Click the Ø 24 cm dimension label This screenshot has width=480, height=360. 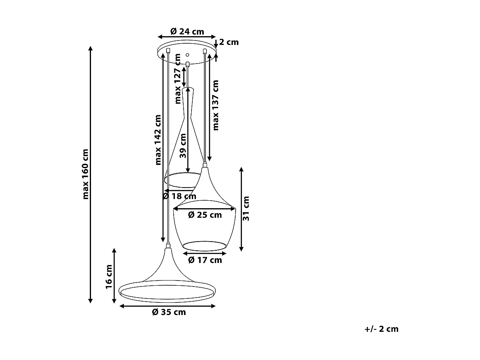tap(187, 31)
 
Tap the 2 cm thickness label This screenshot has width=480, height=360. tap(229, 42)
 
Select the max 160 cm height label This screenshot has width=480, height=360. tap(85, 174)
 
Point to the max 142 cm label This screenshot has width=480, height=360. tap(158, 139)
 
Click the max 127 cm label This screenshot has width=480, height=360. tap(178, 79)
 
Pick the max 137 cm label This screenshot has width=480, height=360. tap(216, 105)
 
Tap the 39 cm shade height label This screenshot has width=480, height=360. tap(183, 146)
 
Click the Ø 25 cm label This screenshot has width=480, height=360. tap(205, 215)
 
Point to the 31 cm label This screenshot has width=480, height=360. tap(246, 208)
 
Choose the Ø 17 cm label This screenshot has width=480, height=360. tap(205, 260)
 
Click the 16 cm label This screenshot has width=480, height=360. tap(109, 277)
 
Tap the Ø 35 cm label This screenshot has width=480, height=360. tap(169, 312)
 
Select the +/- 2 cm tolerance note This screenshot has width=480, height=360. tap(381, 329)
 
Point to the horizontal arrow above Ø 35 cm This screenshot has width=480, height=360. tap(167, 306)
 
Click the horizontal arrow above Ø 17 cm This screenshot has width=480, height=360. tap(205, 253)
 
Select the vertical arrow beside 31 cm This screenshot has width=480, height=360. tap(241, 209)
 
